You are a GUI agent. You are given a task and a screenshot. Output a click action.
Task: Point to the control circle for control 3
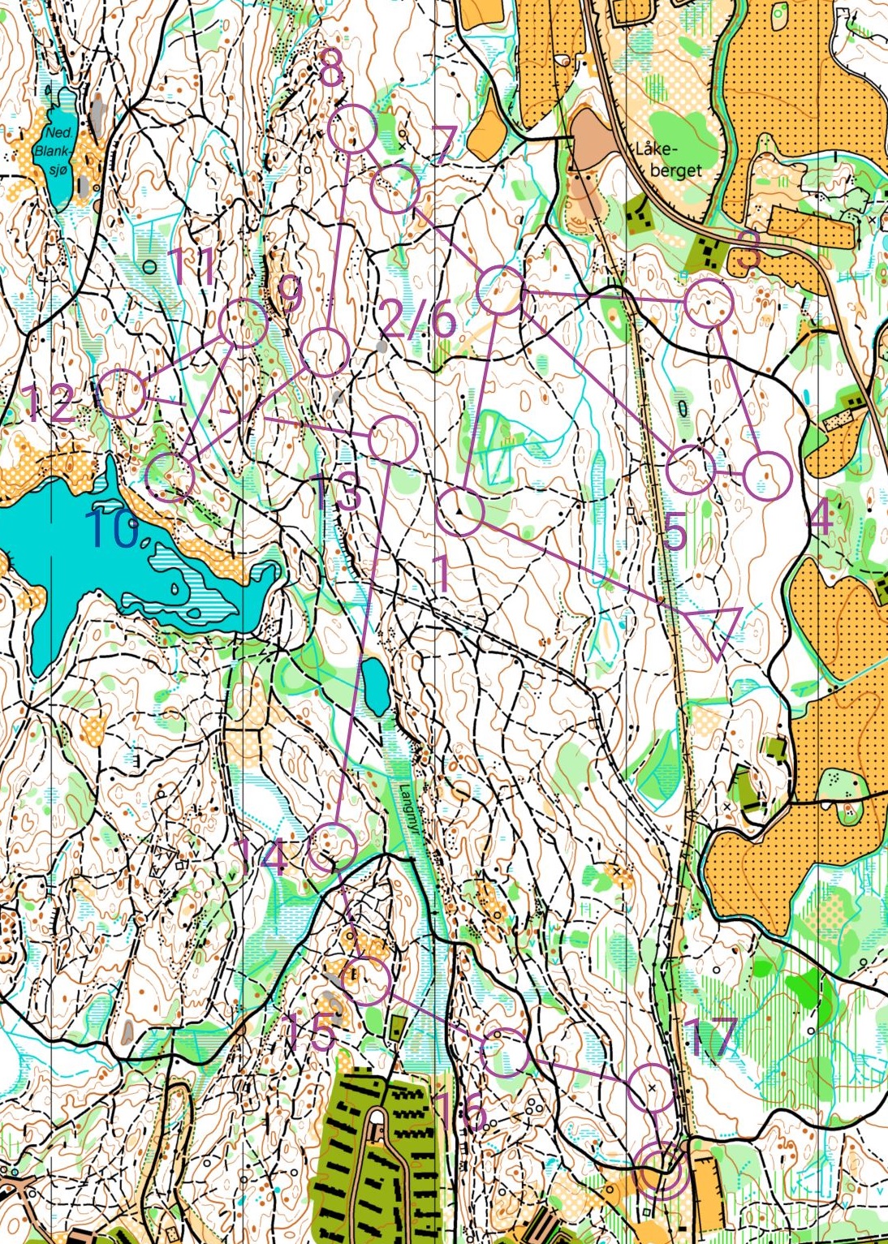709,302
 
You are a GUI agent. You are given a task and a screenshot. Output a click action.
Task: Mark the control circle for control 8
354,129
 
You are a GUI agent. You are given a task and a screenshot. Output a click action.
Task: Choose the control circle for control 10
170,477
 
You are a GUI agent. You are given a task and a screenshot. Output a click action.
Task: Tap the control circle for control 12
122,394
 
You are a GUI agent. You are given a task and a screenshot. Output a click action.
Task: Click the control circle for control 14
334,846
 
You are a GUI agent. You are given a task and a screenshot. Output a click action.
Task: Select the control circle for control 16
505,1052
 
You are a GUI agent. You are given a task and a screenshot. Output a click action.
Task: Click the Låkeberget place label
667,160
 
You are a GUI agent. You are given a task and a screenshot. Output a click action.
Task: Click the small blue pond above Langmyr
376,686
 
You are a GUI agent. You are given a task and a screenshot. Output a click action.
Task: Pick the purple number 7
443,144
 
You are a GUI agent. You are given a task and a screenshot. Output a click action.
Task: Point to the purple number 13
336,493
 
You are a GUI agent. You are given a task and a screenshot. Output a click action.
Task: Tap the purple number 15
310,1031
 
